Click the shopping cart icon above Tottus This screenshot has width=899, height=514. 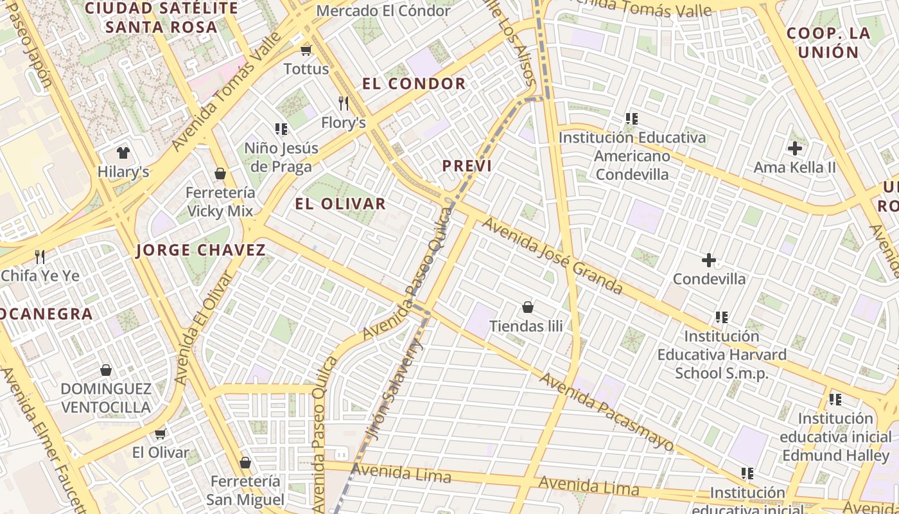pyautogui.click(x=306, y=50)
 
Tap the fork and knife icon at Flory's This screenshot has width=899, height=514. pyautogui.click(x=344, y=103)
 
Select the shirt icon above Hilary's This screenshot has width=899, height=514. pyautogui.click(x=123, y=153)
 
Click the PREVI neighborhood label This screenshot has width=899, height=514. pyautogui.click(x=467, y=166)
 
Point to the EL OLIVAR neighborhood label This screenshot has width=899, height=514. pyautogui.click(x=340, y=204)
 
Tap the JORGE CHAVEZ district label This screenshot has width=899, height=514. pyautogui.click(x=201, y=251)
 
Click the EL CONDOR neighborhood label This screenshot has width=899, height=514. pyautogui.click(x=414, y=84)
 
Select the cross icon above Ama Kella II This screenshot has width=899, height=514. pyautogui.click(x=795, y=149)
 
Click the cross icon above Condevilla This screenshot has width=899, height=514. pyautogui.click(x=709, y=260)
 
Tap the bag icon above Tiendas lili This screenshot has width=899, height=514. pyautogui.click(x=528, y=307)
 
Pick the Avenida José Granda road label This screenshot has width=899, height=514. pyautogui.click(x=552, y=256)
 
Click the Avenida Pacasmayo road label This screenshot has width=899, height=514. pyautogui.click(x=607, y=411)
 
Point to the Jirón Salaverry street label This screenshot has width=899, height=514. pyautogui.click(x=394, y=392)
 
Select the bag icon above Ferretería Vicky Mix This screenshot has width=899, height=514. pyautogui.click(x=220, y=173)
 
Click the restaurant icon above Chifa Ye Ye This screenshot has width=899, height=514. pyautogui.click(x=40, y=257)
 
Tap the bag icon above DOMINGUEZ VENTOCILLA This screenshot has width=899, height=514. pyautogui.click(x=106, y=370)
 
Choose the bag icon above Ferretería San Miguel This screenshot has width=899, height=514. pyautogui.click(x=245, y=463)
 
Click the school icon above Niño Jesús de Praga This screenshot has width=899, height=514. pyautogui.click(x=281, y=129)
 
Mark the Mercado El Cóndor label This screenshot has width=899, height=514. pyautogui.click(x=383, y=11)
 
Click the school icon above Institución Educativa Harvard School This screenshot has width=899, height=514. pyautogui.click(x=722, y=317)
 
